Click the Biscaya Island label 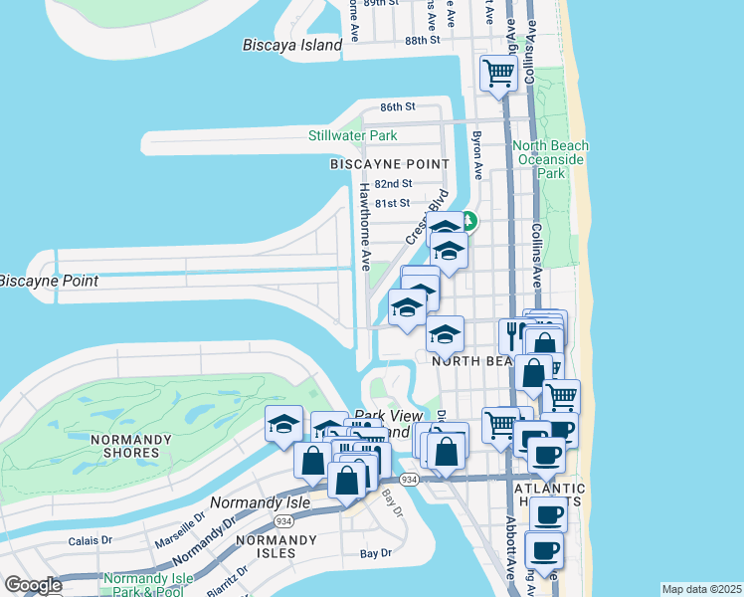(292, 45)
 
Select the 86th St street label (396, 106)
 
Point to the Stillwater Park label (352, 135)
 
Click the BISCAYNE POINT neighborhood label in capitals (390, 164)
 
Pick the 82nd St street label (394, 184)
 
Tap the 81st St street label (393, 203)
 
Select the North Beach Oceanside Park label (550, 159)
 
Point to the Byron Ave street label (477, 155)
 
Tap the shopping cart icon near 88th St (497, 73)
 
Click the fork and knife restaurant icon (515, 333)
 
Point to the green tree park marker (467, 222)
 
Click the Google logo (33, 585)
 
